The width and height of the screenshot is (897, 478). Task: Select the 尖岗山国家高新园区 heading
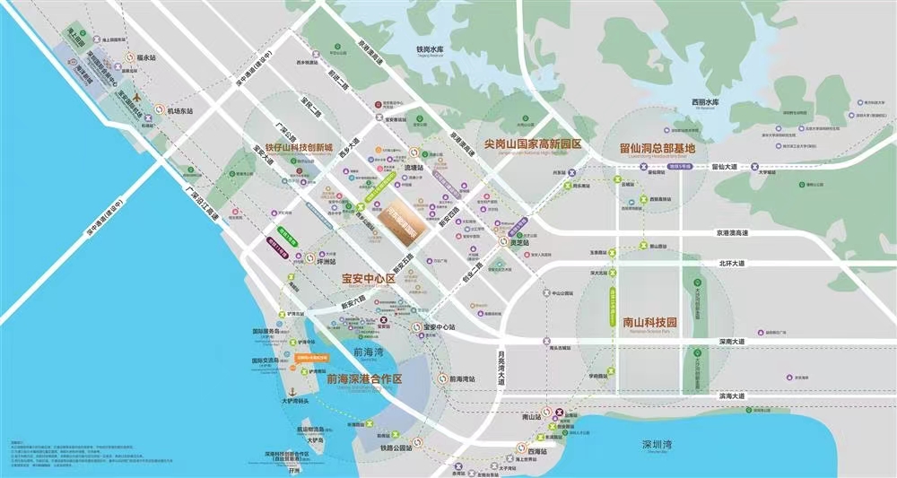(x=533, y=143)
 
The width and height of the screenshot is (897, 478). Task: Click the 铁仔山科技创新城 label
(x=292, y=147)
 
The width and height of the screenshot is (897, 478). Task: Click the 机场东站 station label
(x=180, y=111)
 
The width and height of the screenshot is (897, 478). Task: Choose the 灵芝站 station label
(x=521, y=241)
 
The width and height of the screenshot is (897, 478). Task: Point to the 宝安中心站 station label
(x=441, y=327)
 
